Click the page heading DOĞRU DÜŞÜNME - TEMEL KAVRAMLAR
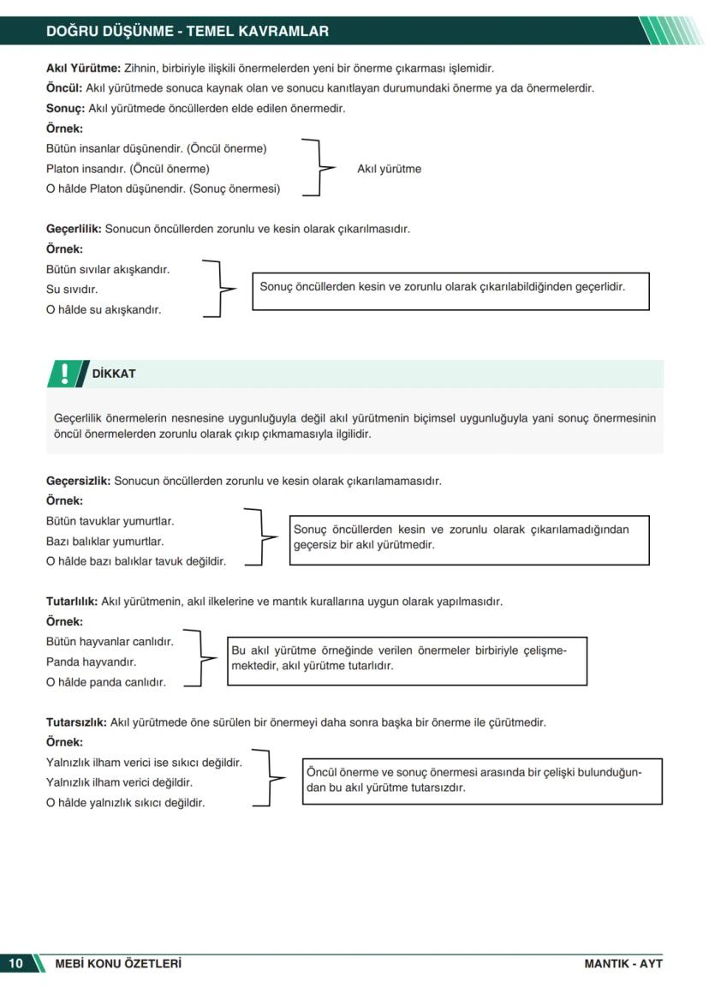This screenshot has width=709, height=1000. [187, 32]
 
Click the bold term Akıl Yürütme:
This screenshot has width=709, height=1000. [83, 68]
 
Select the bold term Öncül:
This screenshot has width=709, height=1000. [64, 88]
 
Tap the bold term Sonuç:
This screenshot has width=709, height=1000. [65, 109]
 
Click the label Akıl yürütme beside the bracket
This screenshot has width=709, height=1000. [389, 169]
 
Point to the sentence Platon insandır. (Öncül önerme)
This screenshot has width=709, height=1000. [128, 169]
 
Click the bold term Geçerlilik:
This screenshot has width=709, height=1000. [74, 229]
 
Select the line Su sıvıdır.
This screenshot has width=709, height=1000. [72, 290]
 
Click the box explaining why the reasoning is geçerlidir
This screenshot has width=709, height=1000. [450, 290]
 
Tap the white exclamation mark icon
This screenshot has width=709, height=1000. [65, 374]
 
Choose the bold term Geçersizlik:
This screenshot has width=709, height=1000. [78, 481]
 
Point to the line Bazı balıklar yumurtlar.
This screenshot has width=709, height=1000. [104, 542]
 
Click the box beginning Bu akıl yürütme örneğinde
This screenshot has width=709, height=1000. [407, 660]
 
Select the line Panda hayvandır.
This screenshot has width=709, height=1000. [91, 662]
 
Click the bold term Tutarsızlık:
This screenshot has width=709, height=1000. [76, 722]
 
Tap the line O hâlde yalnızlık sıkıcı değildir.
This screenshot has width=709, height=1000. [125, 803]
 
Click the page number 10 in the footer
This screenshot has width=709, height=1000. [16, 963]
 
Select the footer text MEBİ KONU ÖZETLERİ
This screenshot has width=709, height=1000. [118, 963]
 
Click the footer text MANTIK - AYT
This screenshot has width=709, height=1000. [623, 963]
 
